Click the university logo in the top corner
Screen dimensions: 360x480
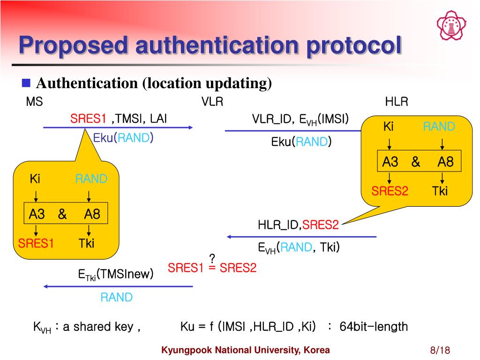(x=451, y=25)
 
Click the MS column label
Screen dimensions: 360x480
(x=34, y=102)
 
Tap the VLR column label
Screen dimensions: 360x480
(x=212, y=102)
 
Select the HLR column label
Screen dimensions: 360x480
(x=397, y=102)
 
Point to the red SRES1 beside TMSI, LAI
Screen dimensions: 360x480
(x=88, y=119)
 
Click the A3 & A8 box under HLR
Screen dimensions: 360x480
(x=418, y=162)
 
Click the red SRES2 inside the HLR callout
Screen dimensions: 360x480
(x=390, y=191)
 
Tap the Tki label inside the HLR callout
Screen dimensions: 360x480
(x=440, y=191)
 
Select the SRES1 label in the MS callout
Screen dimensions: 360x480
(x=36, y=243)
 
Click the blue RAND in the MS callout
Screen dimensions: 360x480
(x=91, y=179)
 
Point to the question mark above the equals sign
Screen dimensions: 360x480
(x=212, y=258)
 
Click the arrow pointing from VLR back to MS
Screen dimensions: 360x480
(x=118, y=286)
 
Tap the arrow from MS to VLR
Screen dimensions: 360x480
(x=118, y=127)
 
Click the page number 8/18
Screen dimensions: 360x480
(x=440, y=351)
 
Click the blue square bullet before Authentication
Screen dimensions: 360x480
(x=27, y=83)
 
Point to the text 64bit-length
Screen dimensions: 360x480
(x=374, y=327)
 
